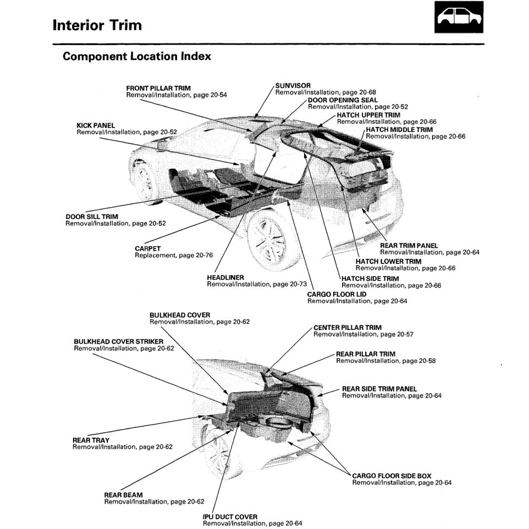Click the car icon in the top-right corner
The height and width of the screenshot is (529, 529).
point(459,17)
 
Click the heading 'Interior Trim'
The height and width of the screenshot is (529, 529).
point(97,25)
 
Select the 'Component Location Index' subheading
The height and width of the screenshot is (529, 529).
point(136,57)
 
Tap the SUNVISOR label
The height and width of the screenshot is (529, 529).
point(293,86)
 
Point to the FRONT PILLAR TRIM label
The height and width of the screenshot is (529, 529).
point(158,88)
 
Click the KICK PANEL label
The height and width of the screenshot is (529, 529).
point(96,125)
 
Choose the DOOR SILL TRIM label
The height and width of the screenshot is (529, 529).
point(91,217)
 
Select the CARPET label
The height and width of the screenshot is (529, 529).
point(148,249)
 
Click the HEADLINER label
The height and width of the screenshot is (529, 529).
point(225,278)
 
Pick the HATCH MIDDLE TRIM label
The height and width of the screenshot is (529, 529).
point(399,130)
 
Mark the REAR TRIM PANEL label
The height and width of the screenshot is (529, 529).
point(409,245)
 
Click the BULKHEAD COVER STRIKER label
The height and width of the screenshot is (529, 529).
point(118,341)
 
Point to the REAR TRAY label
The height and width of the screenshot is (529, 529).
point(91,440)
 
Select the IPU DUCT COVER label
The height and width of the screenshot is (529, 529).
point(230,517)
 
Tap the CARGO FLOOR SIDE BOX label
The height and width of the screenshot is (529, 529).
point(392,476)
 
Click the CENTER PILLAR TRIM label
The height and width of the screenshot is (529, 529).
point(347,327)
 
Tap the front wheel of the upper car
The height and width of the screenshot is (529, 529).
point(144,181)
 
